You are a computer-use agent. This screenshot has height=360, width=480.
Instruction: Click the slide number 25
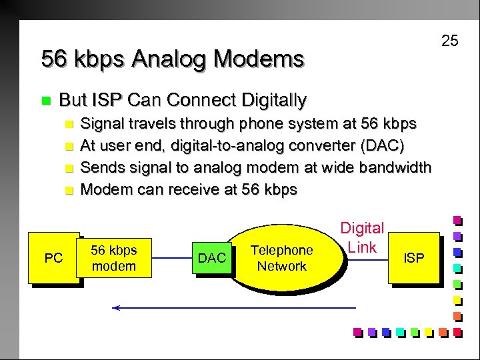pos(450,41)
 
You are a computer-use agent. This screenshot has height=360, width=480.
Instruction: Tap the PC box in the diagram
pos(53,257)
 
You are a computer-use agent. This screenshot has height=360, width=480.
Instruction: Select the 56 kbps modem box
pos(113,258)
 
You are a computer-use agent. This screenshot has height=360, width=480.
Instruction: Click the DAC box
pos(212,258)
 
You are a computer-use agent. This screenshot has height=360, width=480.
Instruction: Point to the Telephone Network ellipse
pos(281,258)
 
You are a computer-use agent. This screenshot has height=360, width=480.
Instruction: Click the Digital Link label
pos(363,238)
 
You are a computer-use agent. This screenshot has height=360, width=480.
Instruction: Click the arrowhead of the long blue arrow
pos(116,308)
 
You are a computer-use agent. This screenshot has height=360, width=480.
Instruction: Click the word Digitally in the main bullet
pos(273,101)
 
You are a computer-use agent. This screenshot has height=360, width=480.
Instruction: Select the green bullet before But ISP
pos(45,101)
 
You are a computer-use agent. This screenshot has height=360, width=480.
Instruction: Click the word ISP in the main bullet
pos(108,101)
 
